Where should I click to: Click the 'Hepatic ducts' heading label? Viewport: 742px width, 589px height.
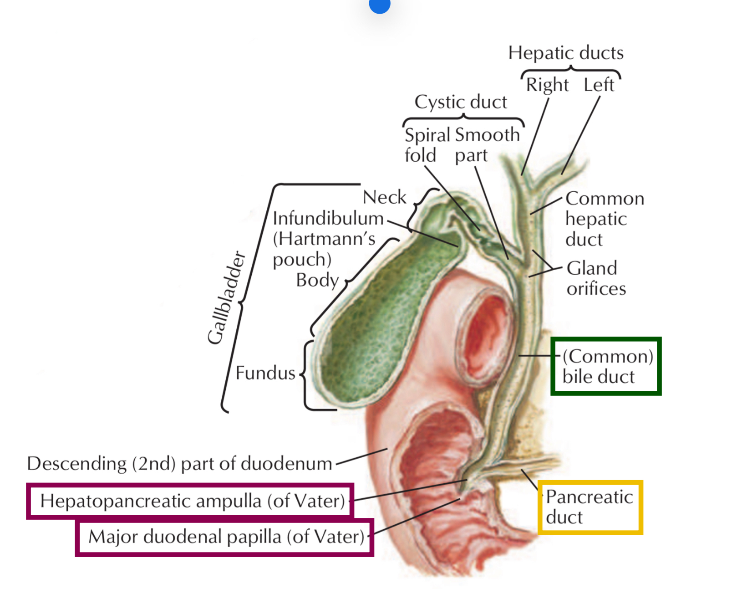click(x=566, y=53)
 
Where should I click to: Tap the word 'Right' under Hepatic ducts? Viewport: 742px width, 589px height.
click(x=547, y=85)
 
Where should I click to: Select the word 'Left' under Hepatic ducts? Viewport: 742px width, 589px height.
click(x=599, y=85)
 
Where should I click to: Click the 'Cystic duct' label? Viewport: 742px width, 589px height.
click(x=460, y=102)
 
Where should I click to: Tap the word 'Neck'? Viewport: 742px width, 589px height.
click(x=384, y=197)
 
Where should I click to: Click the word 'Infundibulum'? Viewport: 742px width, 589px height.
click(x=328, y=218)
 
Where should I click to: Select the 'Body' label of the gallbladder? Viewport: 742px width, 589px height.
click(x=317, y=280)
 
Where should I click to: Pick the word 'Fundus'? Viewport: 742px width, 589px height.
click(x=265, y=373)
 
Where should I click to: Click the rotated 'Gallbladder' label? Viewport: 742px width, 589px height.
click(x=226, y=298)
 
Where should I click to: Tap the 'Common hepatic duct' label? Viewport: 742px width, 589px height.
click(x=604, y=219)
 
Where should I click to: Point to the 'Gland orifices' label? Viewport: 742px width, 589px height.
click(x=595, y=278)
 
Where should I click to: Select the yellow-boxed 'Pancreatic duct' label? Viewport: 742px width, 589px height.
click(x=590, y=507)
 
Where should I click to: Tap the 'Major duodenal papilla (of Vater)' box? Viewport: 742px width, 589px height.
click(x=225, y=537)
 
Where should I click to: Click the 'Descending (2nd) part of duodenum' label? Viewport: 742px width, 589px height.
click(x=180, y=464)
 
